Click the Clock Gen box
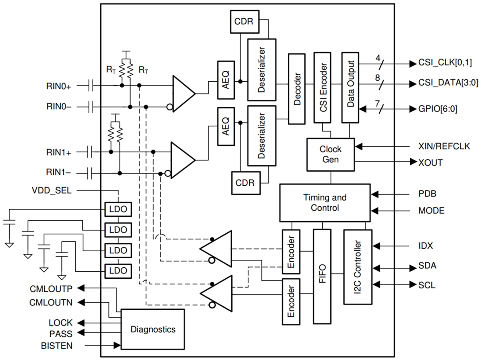click(x=331, y=154)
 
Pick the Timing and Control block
click(x=324, y=202)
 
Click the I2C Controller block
click(x=358, y=267)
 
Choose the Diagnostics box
click(x=153, y=329)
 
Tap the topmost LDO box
click(x=118, y=209)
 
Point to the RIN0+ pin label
click(x=58, y=86)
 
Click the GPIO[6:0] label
click(x=437, y=108)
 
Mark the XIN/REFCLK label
click(x=444, y=146)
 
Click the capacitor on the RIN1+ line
click(x=91, y=152)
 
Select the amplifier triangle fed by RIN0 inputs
click(x=182, y=93)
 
